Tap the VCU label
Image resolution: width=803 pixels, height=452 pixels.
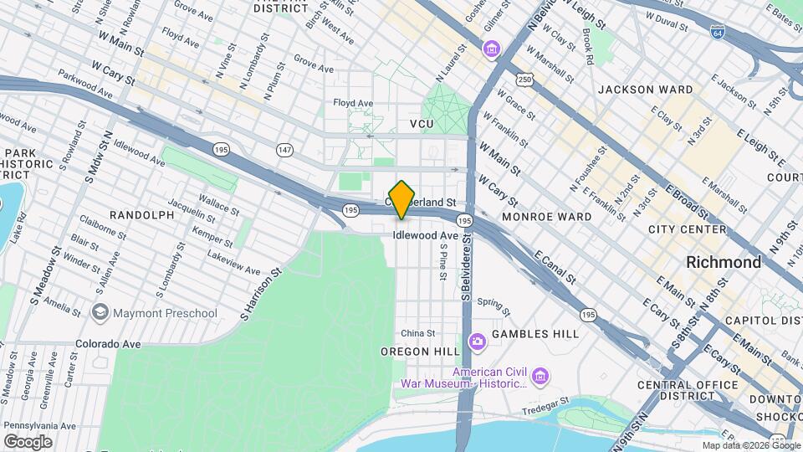[x=422, y=124]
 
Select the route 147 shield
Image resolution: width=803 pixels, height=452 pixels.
[x=285, y=149]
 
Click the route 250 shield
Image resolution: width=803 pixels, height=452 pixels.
[x=524, y=80]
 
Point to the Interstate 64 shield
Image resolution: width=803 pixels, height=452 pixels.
[x=717, y=32]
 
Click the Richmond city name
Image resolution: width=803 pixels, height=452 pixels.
[x=723, y=262]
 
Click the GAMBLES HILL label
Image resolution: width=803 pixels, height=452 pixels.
[x=535, y=334]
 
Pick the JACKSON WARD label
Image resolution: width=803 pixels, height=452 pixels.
[x=645, y=90]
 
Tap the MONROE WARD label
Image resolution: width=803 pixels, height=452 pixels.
[x=546, y=217]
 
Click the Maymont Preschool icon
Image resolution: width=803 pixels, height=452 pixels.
[x=100, y=313]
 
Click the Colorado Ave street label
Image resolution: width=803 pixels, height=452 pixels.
[x=109, y=344]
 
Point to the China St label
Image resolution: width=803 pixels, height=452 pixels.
[x=418, y=333]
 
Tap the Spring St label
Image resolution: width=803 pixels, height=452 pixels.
[x=494, y=302]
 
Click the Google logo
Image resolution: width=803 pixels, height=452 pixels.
[x=28, y=441]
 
